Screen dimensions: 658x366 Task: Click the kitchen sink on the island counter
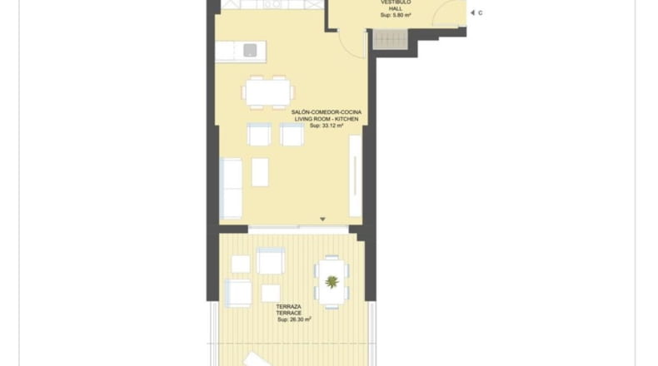coord(250,50)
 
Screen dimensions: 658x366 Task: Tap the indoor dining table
coord(268,92)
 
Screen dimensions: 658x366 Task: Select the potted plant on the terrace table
coord(332,282)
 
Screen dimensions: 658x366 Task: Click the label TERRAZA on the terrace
coord(289,306)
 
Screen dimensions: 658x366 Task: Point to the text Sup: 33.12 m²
coord(327,126)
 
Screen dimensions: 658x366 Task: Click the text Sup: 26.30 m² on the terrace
coord(294,319)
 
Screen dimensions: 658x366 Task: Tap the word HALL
coord(396,9)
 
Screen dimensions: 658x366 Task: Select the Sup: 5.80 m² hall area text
coord(396,15)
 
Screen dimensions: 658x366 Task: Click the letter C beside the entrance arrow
coord(480,13)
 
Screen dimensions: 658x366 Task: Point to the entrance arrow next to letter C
coord(472,13)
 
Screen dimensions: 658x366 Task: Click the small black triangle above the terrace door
coord(322,220)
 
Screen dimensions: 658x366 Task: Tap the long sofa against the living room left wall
coord(231,189)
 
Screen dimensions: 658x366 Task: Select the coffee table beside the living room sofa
coord(260,172)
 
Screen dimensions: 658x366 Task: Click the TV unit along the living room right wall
coord(356,176)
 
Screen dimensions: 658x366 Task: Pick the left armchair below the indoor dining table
coord(259,135)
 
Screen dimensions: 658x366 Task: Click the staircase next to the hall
coord(391,39)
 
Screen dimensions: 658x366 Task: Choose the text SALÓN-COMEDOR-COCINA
coord(327,112)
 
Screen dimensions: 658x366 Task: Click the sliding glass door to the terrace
coord(298,230)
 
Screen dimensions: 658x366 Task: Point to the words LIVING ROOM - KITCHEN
coord(327,119)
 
